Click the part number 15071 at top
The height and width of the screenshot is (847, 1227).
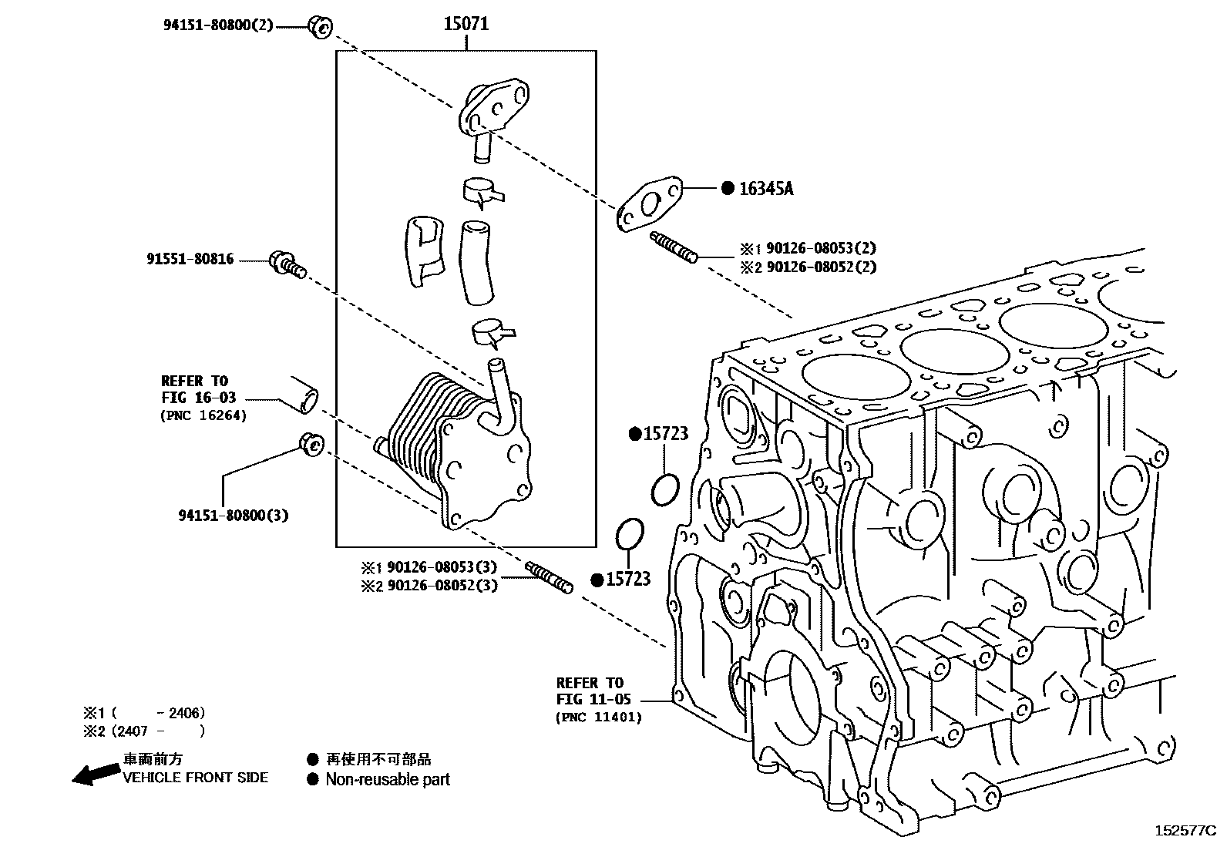[x=466, y=24]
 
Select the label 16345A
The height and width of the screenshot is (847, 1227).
[x=765, y=189]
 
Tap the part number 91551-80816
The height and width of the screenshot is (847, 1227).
[x=190, y=260]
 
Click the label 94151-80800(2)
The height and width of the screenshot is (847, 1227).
[x=217, y=25]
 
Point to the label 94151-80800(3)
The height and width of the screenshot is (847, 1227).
[x=233, y=515]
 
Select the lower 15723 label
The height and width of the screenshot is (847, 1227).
[x=628, y=580]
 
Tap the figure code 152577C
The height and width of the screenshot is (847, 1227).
[x=1184, y=831]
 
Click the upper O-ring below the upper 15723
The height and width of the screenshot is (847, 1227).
[x=664, y=489]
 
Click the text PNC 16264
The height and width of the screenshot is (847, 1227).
[x=203, y=415]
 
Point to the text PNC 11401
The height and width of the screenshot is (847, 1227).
[x=598, y=717]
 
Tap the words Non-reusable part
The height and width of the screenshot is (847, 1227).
[x=387, y=779]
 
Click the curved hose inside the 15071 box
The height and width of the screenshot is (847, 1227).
[x=476, y=262]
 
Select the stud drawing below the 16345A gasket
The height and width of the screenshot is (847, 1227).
[x=674, y=246]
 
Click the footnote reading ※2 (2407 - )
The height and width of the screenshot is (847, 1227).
[x=145, y=731]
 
